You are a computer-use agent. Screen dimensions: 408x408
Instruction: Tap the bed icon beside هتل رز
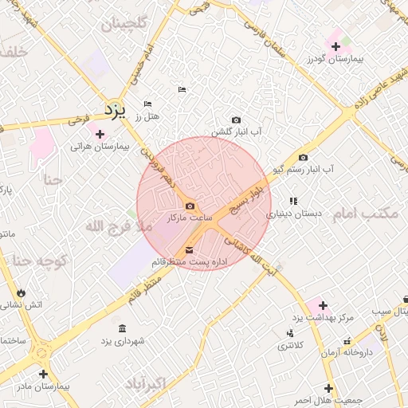click(x=147, y=104)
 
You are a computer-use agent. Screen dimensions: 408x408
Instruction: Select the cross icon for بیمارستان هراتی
click(x=100, y=134)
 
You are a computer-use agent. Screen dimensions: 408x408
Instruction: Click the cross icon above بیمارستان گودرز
click(x=335, y=47)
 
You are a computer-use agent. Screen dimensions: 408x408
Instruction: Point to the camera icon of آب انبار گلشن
click(x=236, y=120)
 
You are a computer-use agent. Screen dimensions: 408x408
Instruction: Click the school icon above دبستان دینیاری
click(x=293, y=201)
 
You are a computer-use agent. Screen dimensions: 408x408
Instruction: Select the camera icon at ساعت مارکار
click(x=189, y=206)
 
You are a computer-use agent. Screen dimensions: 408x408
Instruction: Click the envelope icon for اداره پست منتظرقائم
click(x=189, y=250)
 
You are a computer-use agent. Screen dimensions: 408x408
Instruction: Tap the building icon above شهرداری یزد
click(x=122, y=328)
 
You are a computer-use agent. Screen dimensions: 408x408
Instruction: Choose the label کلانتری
click(x=290, y=347)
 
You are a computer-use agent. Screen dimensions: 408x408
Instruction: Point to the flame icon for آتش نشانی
click(x=20, y=292)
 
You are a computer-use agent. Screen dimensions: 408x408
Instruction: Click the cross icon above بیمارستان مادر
click(x=42, y=373)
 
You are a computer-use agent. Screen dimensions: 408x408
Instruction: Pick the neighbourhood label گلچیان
click(x=124, y=24)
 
